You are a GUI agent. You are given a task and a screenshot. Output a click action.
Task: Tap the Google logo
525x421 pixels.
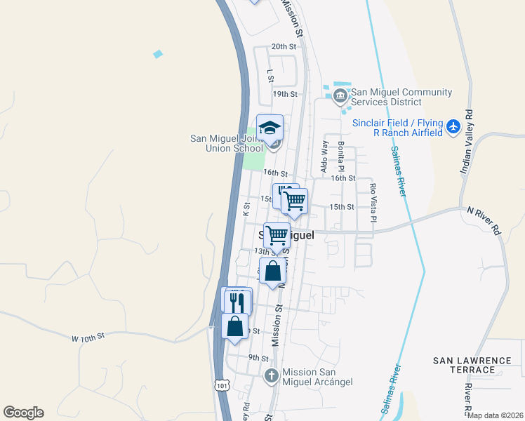(23, 413)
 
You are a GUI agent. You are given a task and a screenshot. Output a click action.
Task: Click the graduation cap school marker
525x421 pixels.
(270, 128)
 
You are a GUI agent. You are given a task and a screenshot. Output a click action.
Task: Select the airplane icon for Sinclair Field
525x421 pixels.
(453, 127)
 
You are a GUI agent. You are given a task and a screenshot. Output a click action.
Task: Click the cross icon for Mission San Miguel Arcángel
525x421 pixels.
(272, 376)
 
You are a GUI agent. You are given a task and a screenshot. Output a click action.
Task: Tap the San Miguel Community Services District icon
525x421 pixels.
(340, 95)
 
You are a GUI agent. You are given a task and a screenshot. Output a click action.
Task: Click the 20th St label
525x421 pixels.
(284, 46)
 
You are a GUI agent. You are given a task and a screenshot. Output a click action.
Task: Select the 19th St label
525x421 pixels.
(285, 93)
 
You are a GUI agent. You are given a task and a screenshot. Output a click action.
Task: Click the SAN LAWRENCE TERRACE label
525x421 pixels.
(472, 365)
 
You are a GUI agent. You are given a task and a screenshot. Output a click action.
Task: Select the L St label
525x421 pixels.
(270, 74)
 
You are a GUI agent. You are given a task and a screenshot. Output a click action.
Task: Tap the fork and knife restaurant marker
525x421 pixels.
(237, 301)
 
